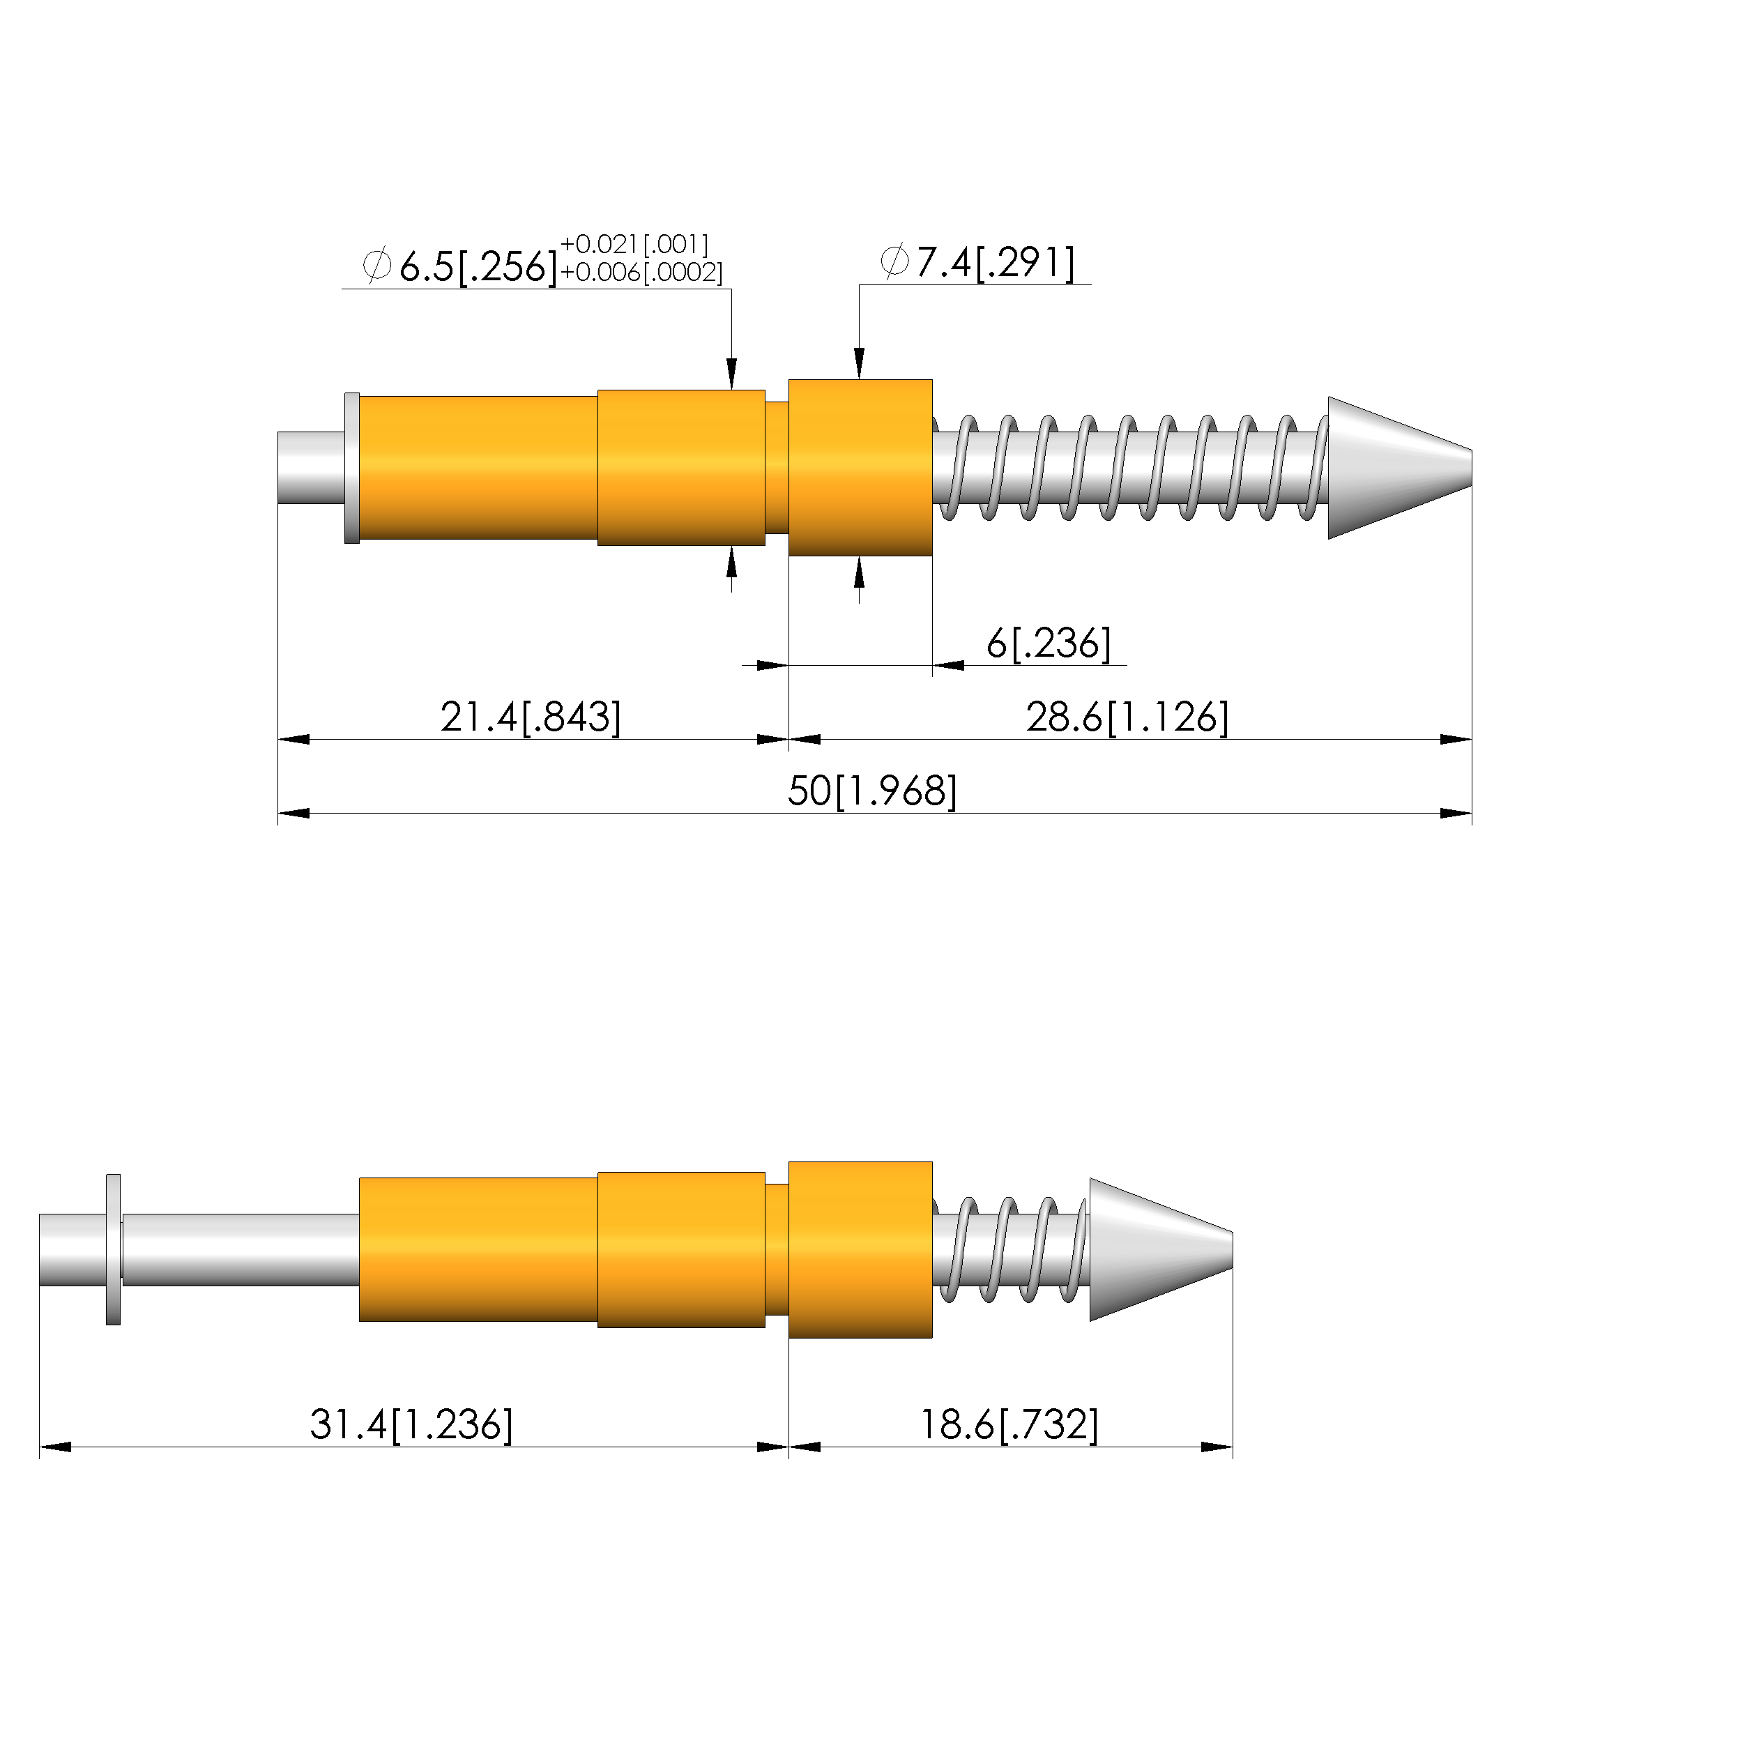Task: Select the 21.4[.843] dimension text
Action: (x=531, y=717)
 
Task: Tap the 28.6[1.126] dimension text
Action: (x=1127, y=717)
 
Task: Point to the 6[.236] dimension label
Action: (x=1049, y=643)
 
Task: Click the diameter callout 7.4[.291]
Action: (x=977, y=263)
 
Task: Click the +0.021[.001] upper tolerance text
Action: (x=634, y=244)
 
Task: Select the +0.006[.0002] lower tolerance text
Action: (x=641, y=272)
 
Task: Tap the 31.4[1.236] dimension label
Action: (x=411, y=1424)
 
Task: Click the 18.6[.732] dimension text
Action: (x=1009, y=1424)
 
